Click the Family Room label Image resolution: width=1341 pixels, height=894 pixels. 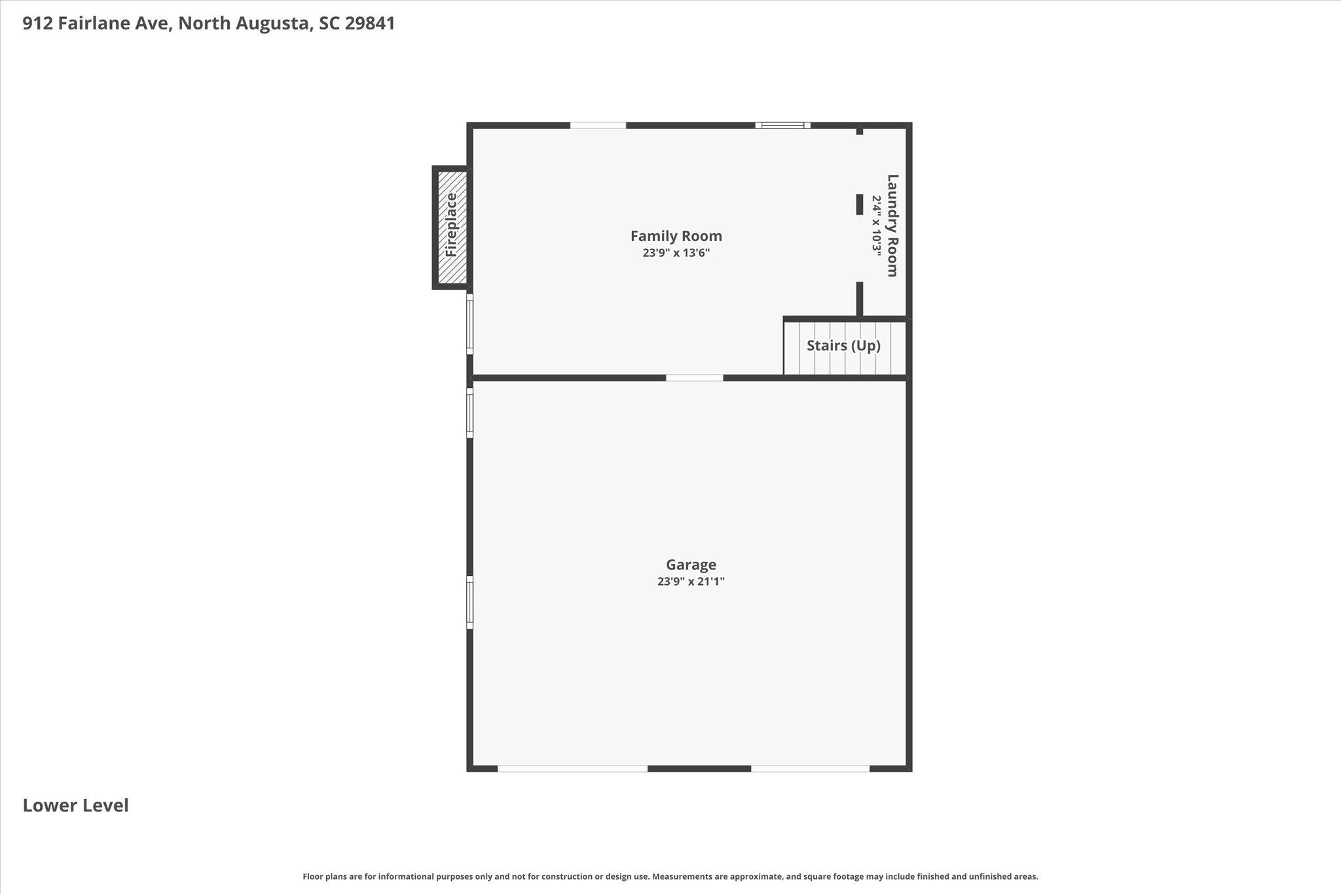click(676, 236)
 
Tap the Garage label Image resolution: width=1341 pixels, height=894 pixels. click(691, 565)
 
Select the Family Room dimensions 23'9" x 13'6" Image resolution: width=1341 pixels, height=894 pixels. click(676, 253)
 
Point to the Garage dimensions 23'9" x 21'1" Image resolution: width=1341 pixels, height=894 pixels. click(691, 582)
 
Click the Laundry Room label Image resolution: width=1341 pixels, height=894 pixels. click(892, 225)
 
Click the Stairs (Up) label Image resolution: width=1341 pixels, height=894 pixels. click(843, 346)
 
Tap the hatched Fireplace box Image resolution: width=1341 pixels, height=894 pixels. click(452, 227)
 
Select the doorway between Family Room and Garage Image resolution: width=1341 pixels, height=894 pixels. click(695, 378)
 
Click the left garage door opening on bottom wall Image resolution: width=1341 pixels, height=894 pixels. click(573, 768)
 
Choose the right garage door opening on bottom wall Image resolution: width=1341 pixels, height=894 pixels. click(810, 768)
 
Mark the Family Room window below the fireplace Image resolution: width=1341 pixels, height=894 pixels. click(469, 324)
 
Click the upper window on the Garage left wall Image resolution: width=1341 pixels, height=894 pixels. click(469, 413)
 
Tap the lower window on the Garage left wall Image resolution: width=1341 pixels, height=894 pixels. click(469, 603)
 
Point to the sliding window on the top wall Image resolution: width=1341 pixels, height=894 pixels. click(782, 125)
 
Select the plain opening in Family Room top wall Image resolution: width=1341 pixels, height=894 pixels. click(598, 125)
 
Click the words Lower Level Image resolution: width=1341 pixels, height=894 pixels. click(76, 806)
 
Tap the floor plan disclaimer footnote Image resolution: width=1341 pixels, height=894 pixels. click(670, 876)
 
